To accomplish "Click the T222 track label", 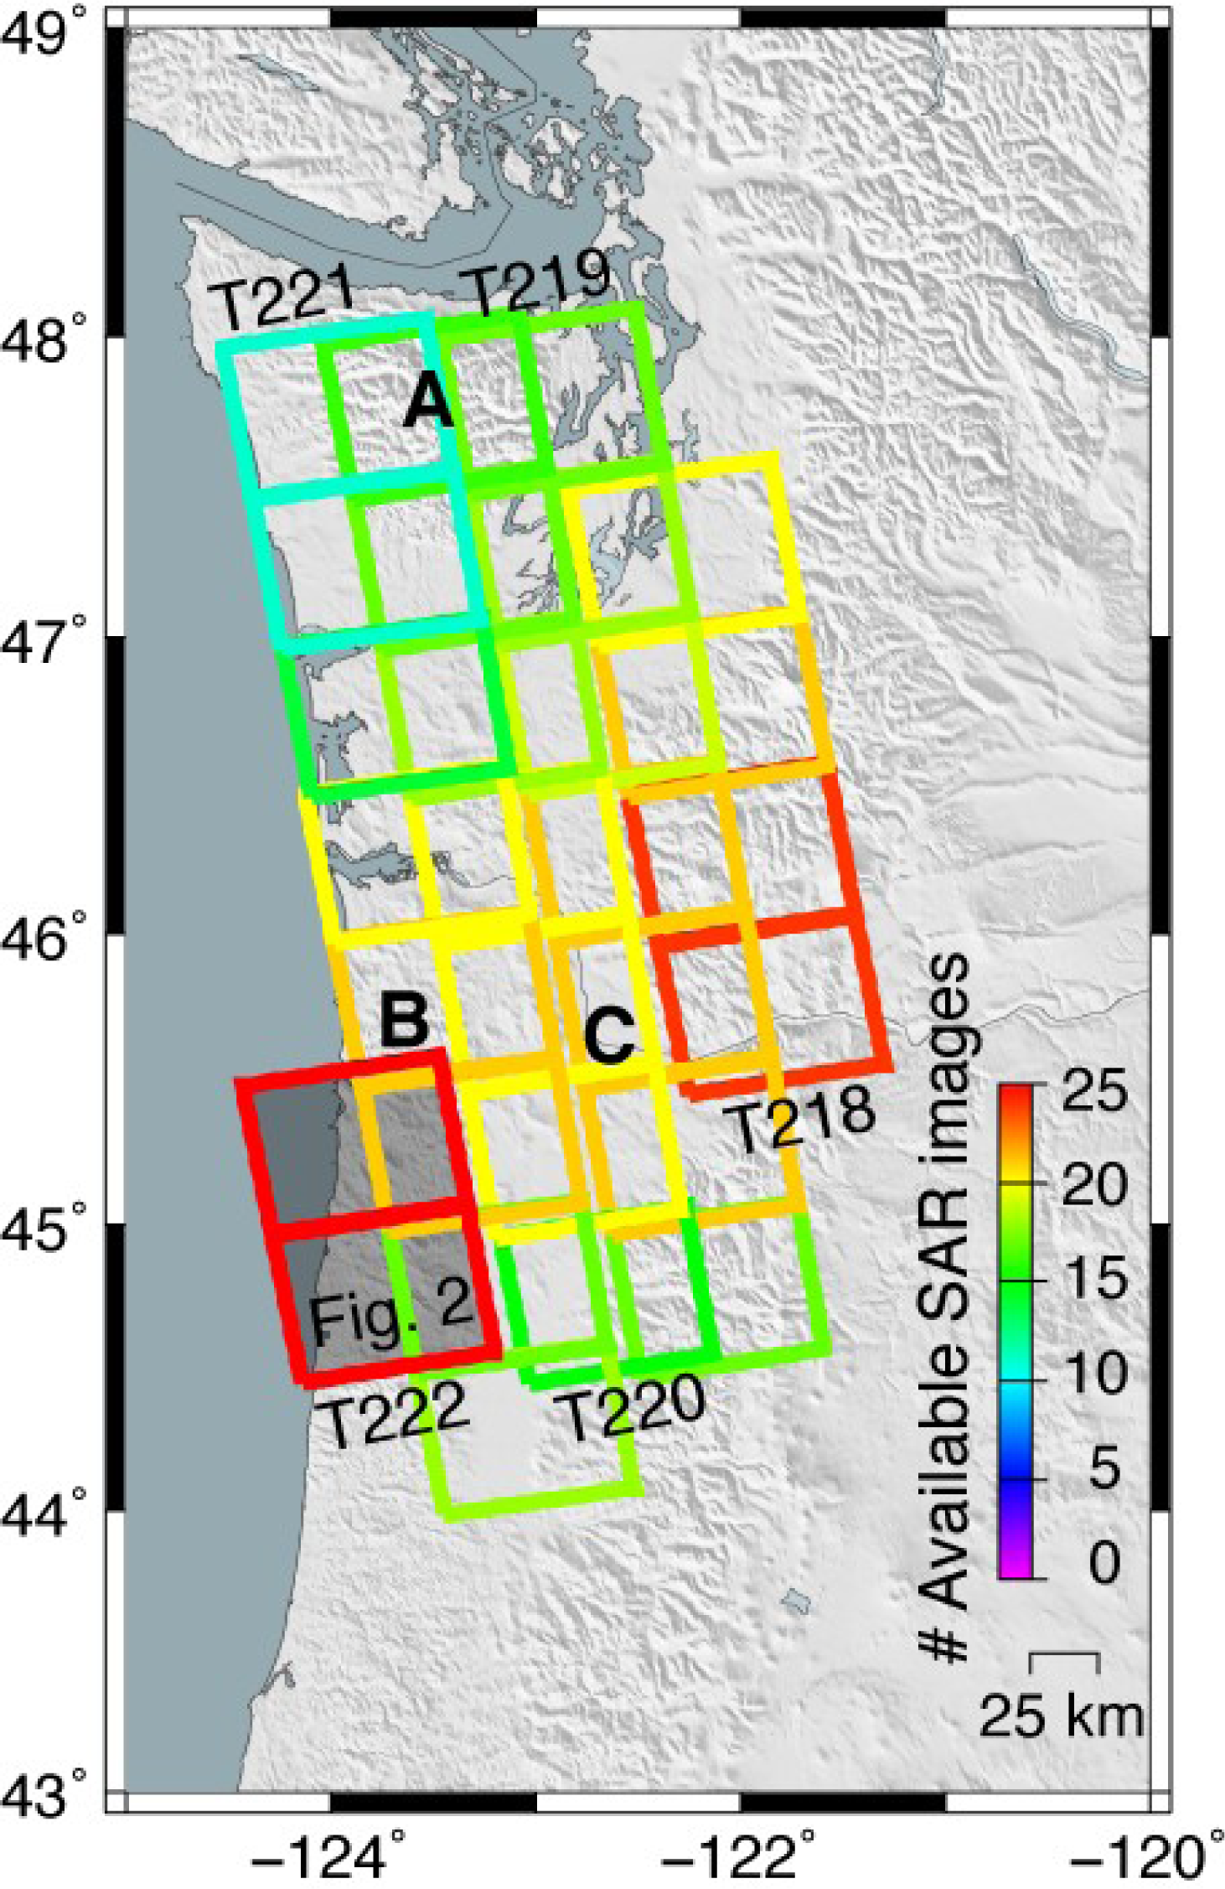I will point(394,1413).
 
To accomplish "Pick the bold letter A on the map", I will point(429,402).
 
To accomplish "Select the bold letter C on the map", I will point(609,1037).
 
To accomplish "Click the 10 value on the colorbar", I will point(1093,1373).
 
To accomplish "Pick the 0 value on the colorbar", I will point(1104,1561).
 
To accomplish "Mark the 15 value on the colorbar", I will point(1093,1279).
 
